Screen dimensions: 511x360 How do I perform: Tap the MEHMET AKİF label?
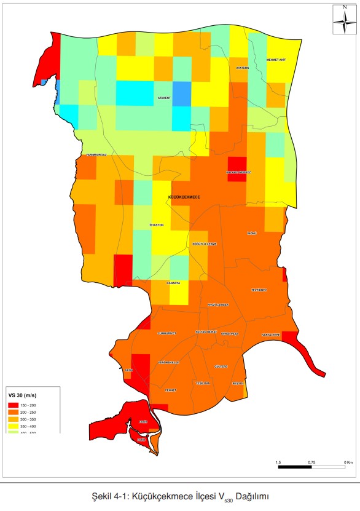[x=276, y=60]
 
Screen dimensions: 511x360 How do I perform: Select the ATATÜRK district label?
[x=243, y=68]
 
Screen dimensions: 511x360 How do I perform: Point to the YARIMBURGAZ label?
[x=96, y=155]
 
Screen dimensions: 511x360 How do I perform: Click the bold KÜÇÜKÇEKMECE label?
[x=184, y=197]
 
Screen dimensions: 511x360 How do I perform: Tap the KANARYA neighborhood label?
[x=172, y=283]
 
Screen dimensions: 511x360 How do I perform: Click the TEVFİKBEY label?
[x=259, y=290]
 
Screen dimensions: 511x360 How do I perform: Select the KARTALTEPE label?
[x=270, y=335]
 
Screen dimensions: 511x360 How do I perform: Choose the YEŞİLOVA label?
[x=203, y=383]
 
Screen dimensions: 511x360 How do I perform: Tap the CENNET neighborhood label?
[x=171, y=390]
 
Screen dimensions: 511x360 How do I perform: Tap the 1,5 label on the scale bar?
[x=278, y=461]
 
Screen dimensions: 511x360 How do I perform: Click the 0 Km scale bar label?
[x=348, y=461]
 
